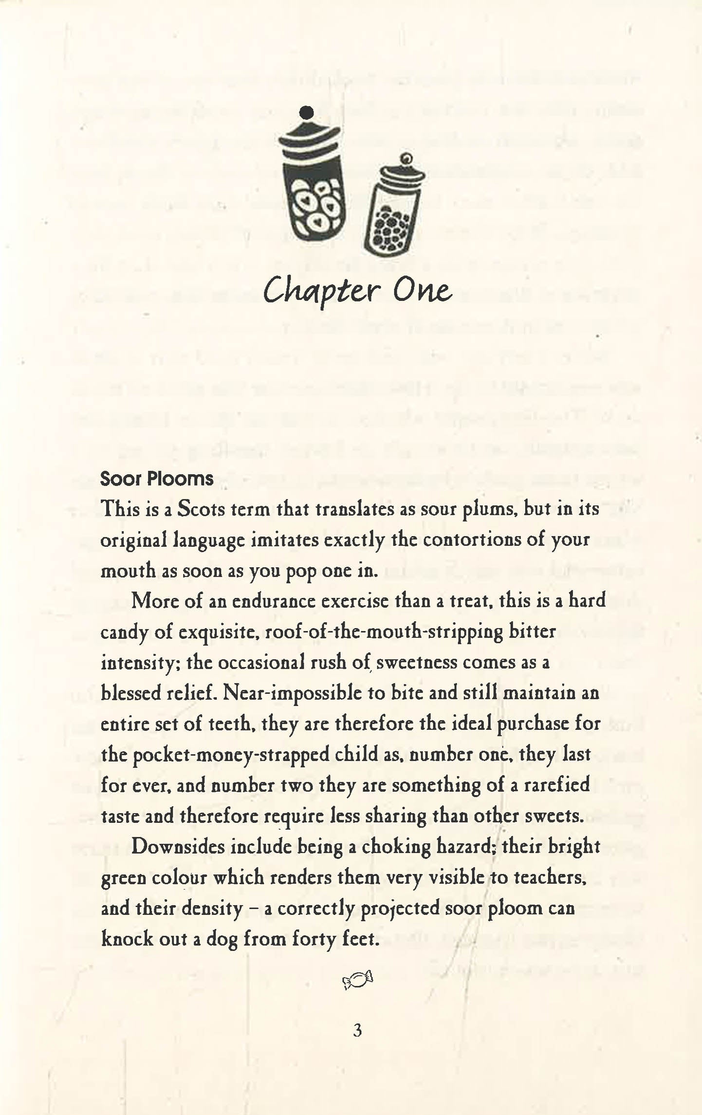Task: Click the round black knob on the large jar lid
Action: point(306,113)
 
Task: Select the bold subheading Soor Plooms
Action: point(157,479)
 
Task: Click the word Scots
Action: point(200,509)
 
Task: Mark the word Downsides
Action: point(177,846)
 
